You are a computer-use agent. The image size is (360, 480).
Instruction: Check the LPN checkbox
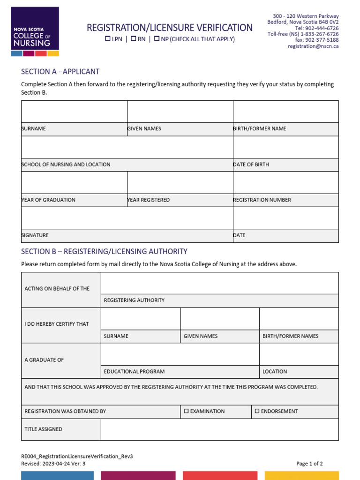point(108,39)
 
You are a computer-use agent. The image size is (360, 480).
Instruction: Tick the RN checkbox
point(133,39)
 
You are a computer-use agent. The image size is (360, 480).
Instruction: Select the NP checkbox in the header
point(157,39)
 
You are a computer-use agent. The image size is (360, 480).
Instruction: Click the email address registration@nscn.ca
point(313,46)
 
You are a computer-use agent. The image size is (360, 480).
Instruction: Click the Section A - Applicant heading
point(60,72)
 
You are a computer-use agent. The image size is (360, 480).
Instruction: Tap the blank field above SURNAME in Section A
point(74,112)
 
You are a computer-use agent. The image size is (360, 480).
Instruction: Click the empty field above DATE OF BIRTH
point(285,147)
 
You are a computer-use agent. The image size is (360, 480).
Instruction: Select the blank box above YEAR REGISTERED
point(180,183)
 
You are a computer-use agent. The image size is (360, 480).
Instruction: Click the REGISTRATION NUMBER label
point(262,200)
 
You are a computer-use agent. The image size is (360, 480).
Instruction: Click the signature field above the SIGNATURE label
point(127,218)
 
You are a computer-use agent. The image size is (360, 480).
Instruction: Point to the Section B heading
point(104,251)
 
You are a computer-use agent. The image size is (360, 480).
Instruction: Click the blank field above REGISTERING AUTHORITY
point(219,283)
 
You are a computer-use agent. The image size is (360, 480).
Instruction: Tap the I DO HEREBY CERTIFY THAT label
point(57,324)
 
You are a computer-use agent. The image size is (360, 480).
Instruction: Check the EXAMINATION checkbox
point(186,411)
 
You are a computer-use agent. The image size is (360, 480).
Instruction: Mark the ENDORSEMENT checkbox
point(257,411)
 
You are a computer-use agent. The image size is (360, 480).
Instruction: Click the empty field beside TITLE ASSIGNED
point(219,429)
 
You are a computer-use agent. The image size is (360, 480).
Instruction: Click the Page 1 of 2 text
point(309,464)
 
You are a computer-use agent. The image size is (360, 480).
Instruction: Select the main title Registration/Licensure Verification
point(170,28)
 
